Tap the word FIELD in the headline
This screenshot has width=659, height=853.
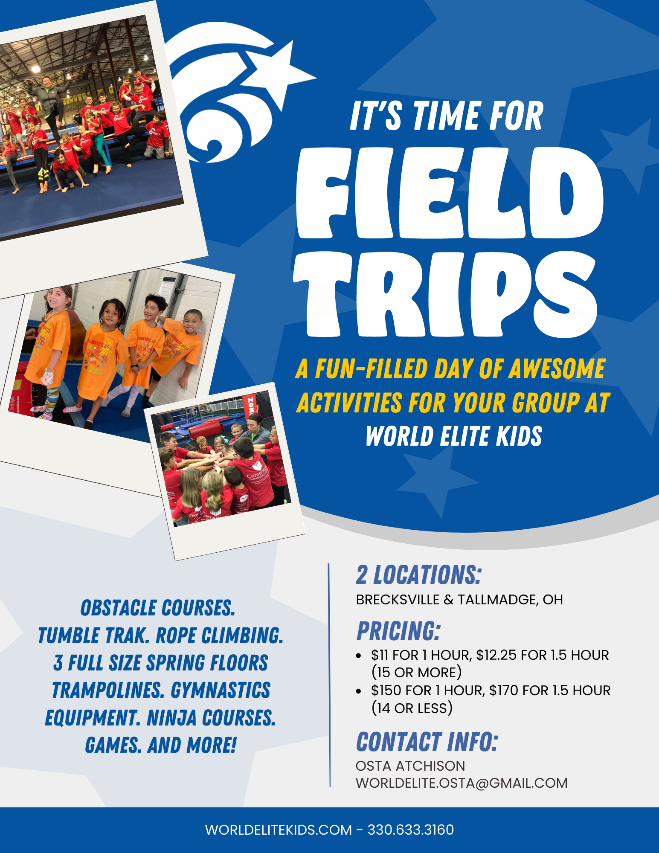pos(450,193)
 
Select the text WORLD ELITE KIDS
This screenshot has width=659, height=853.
pos(454,436)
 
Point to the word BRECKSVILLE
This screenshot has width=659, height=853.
pos(398,600)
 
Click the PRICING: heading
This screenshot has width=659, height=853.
pos(398,631)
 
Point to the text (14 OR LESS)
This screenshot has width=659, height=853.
pos(412,708)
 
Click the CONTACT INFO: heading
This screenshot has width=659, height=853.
pos(427,742)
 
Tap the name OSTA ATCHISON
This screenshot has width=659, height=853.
pos(410,766)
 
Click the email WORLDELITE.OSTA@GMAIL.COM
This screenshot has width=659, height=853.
pos(462,783)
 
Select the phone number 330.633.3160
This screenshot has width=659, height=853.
pos(411,830)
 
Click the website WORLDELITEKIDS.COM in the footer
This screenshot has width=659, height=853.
pos(279,830)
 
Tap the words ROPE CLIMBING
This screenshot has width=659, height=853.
pos(219,635)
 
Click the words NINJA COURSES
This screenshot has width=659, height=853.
pos(211,718)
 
